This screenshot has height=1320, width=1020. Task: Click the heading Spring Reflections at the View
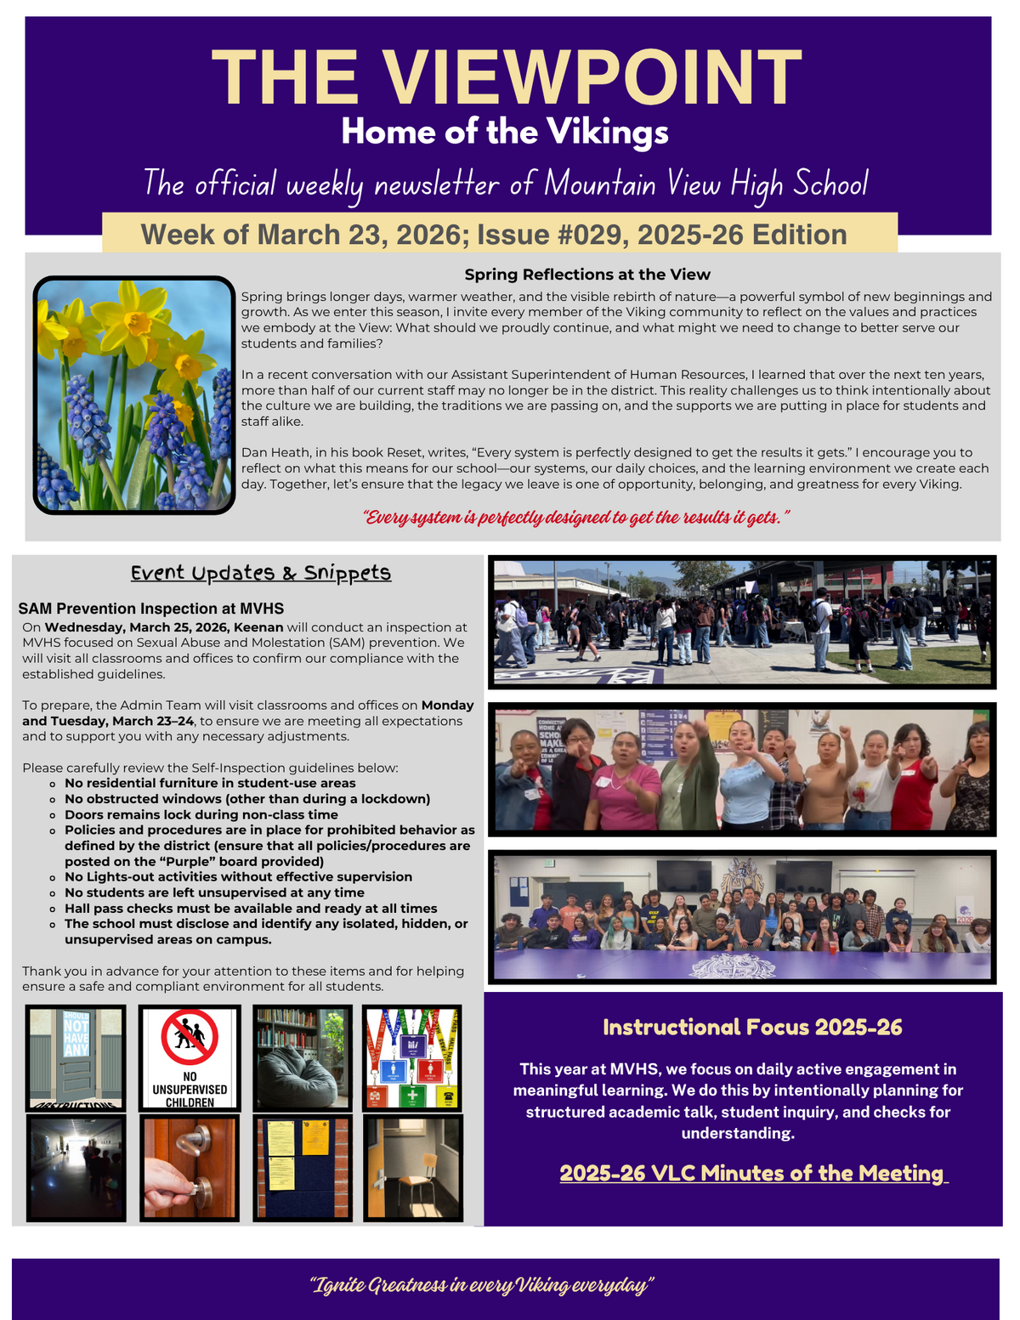[586, 275]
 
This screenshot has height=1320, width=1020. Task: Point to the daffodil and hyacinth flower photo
[134, 395]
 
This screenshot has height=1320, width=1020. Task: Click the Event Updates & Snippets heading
[261, 573]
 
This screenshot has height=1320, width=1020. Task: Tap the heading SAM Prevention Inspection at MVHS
[150, 609]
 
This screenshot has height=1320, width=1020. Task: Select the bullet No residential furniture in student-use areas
[210, 783]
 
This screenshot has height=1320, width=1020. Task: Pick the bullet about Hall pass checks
[251, 908]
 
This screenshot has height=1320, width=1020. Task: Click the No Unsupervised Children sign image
[190, 1058]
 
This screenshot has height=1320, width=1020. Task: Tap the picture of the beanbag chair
[303, 1058]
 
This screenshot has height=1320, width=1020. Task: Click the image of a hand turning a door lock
[190, 1168]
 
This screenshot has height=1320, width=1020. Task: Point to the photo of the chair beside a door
[413, 1168]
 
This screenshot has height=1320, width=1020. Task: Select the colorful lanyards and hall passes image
[412, 1058]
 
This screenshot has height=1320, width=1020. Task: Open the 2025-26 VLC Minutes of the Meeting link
[752, 1173]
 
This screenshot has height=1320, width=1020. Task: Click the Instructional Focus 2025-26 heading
[752, 1028]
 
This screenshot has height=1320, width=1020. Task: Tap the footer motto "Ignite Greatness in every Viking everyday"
[482, 1284]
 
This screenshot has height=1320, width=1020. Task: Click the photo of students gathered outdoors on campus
[742, 622]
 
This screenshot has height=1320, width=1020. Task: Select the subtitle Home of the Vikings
[505, 133]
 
